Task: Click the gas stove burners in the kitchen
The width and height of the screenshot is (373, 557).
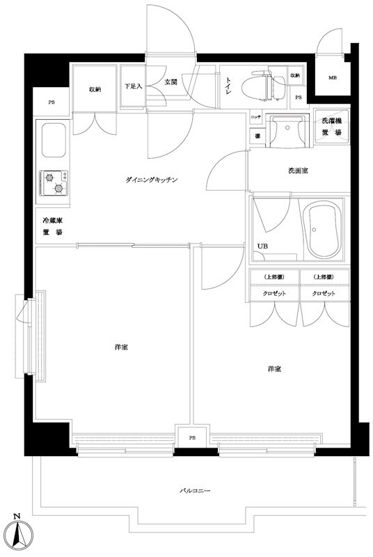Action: click(x=54, y=184)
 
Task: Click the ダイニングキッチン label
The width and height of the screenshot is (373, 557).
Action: click(x=153, y=180)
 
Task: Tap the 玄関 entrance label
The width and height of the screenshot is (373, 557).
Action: click(x=171, y=81)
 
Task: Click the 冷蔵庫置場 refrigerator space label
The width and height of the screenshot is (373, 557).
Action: click(x=50, y=227)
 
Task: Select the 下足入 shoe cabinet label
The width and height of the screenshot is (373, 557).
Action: click(x=133, y=87)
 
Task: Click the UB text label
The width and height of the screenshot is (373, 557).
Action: click(x=262, y=246)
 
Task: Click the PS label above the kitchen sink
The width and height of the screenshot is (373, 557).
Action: click(x=51, y=103)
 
